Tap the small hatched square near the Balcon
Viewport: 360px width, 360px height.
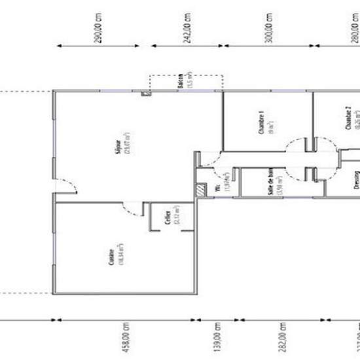click(147, 94)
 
